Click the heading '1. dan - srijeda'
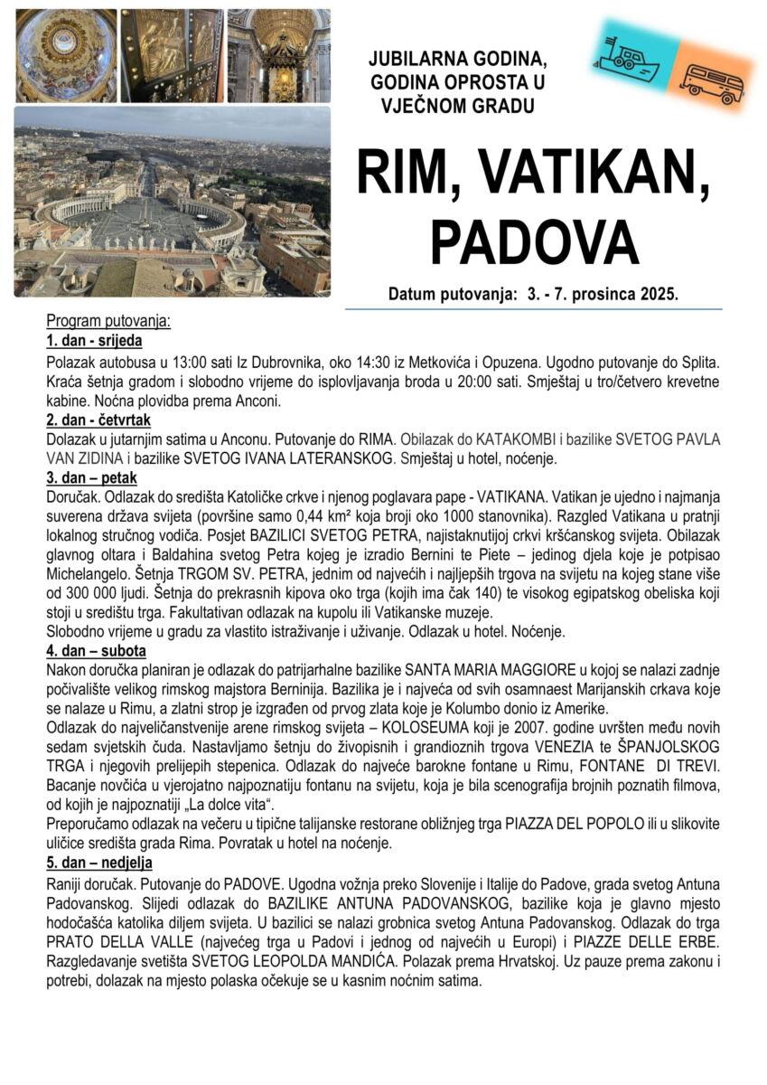coord(94,341)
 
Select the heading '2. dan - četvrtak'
coord(98,420)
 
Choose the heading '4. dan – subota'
coord(96,650)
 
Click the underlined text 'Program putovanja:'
coord(108,322)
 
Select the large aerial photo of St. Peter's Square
coord(172,201)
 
